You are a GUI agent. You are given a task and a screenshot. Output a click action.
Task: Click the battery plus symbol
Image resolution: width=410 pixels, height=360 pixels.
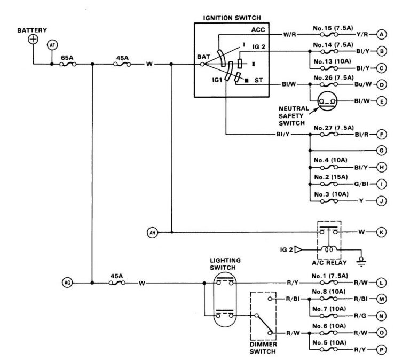(33, 40)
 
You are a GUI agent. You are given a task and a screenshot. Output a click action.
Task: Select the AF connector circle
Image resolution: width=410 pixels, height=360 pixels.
(52, 45)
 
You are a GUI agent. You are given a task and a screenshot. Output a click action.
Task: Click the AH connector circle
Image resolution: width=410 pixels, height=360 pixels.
(152, 232)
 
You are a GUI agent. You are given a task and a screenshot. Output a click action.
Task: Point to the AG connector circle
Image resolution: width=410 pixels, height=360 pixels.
(67, 283)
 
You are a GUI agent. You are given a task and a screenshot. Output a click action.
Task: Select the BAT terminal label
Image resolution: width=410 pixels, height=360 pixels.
(203, 56)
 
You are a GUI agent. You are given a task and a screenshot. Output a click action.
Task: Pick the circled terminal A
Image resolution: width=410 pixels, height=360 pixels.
(381, 34)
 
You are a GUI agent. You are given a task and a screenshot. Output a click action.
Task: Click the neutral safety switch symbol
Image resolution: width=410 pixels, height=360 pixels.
(327, 101)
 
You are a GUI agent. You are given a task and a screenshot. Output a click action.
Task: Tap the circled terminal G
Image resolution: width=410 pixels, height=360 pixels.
(381, 151)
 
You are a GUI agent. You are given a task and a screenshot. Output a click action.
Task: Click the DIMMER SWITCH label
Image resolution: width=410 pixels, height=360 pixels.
(262, 348)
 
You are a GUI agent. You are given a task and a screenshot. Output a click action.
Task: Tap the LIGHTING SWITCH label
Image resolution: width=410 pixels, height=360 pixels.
(225, 263)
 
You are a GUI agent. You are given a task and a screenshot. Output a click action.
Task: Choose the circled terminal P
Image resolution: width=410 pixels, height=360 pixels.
(381, 350)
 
